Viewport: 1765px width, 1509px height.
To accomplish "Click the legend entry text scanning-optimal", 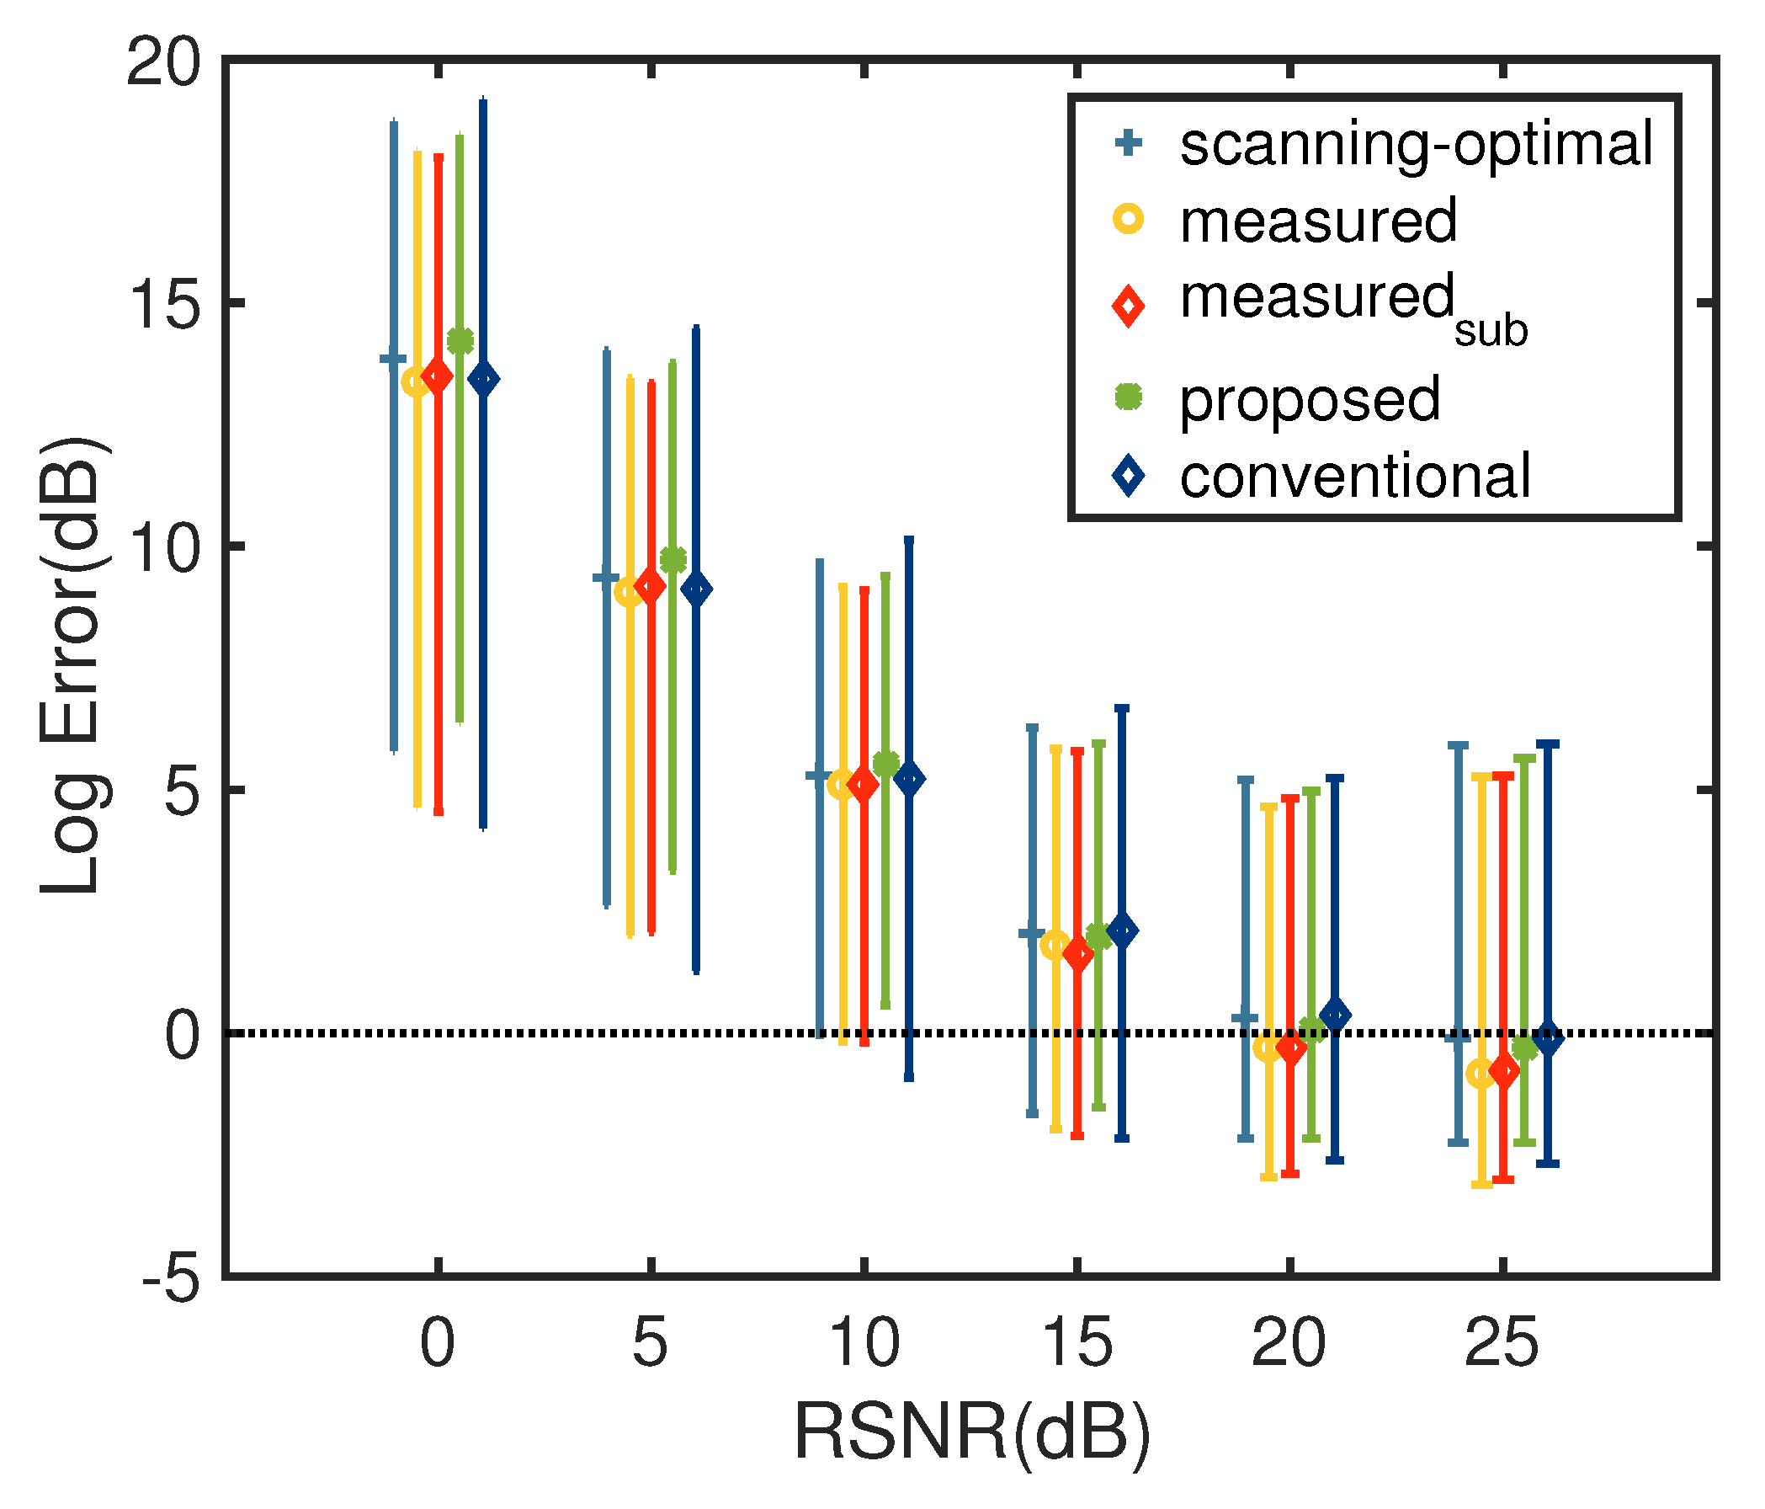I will pos(1415,144).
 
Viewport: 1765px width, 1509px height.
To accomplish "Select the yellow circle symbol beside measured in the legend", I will pos(1129,219).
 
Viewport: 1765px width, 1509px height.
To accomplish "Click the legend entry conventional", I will pos(1354,477).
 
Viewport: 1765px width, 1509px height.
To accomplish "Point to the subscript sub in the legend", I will pos(1491,331).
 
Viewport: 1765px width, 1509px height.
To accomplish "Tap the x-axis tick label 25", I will pos(1502,1343).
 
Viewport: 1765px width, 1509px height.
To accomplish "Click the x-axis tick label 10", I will pos(863,1343).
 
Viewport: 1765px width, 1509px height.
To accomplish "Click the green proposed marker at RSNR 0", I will pos(460,341).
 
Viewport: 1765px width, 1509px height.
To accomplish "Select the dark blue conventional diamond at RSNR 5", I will pos(697,589).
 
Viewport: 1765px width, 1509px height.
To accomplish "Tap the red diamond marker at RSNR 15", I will pos(1078,955).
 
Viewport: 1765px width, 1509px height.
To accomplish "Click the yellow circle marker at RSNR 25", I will pos(1481,1074).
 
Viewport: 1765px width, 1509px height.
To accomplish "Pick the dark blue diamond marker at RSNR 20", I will pos(1335,1016).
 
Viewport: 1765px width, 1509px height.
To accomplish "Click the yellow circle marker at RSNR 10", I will pos(842,784).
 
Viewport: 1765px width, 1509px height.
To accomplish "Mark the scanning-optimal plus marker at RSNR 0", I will pos(394,359).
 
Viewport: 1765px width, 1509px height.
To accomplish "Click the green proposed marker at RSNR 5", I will pos(673,560).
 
